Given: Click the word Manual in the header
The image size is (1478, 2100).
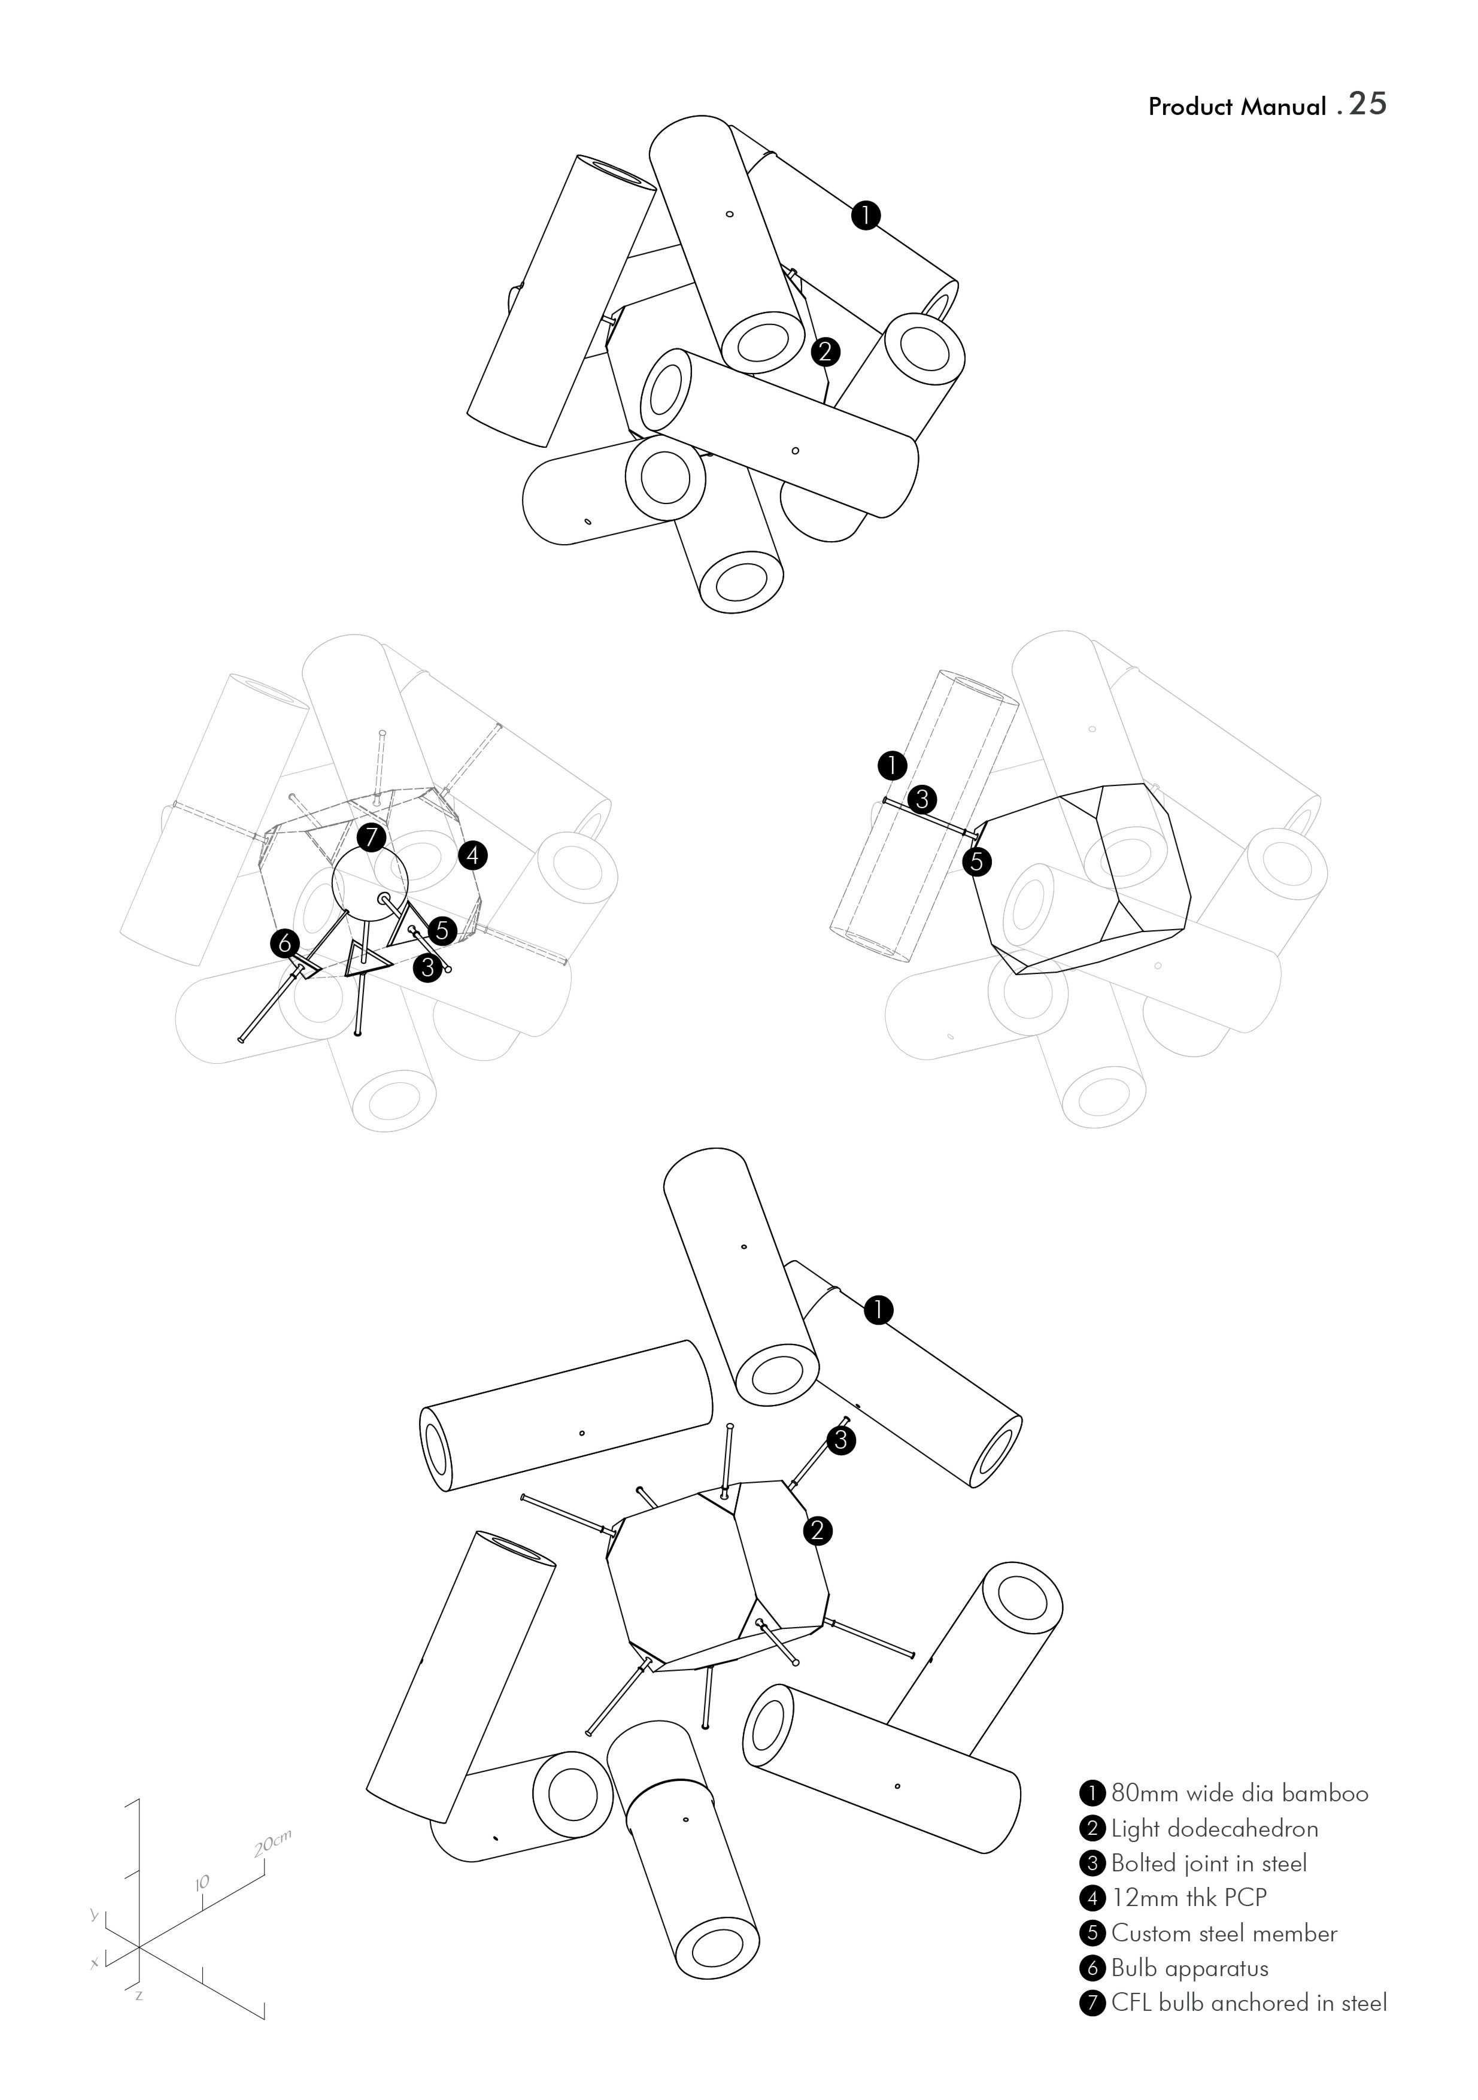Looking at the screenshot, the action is [1283, 107].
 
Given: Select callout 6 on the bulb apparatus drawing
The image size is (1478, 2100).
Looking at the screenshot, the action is [286, 942].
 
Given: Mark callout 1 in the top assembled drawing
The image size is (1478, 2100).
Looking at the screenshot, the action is [865, 216].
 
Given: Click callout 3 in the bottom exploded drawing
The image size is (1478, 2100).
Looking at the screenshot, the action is [842, 1440].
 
